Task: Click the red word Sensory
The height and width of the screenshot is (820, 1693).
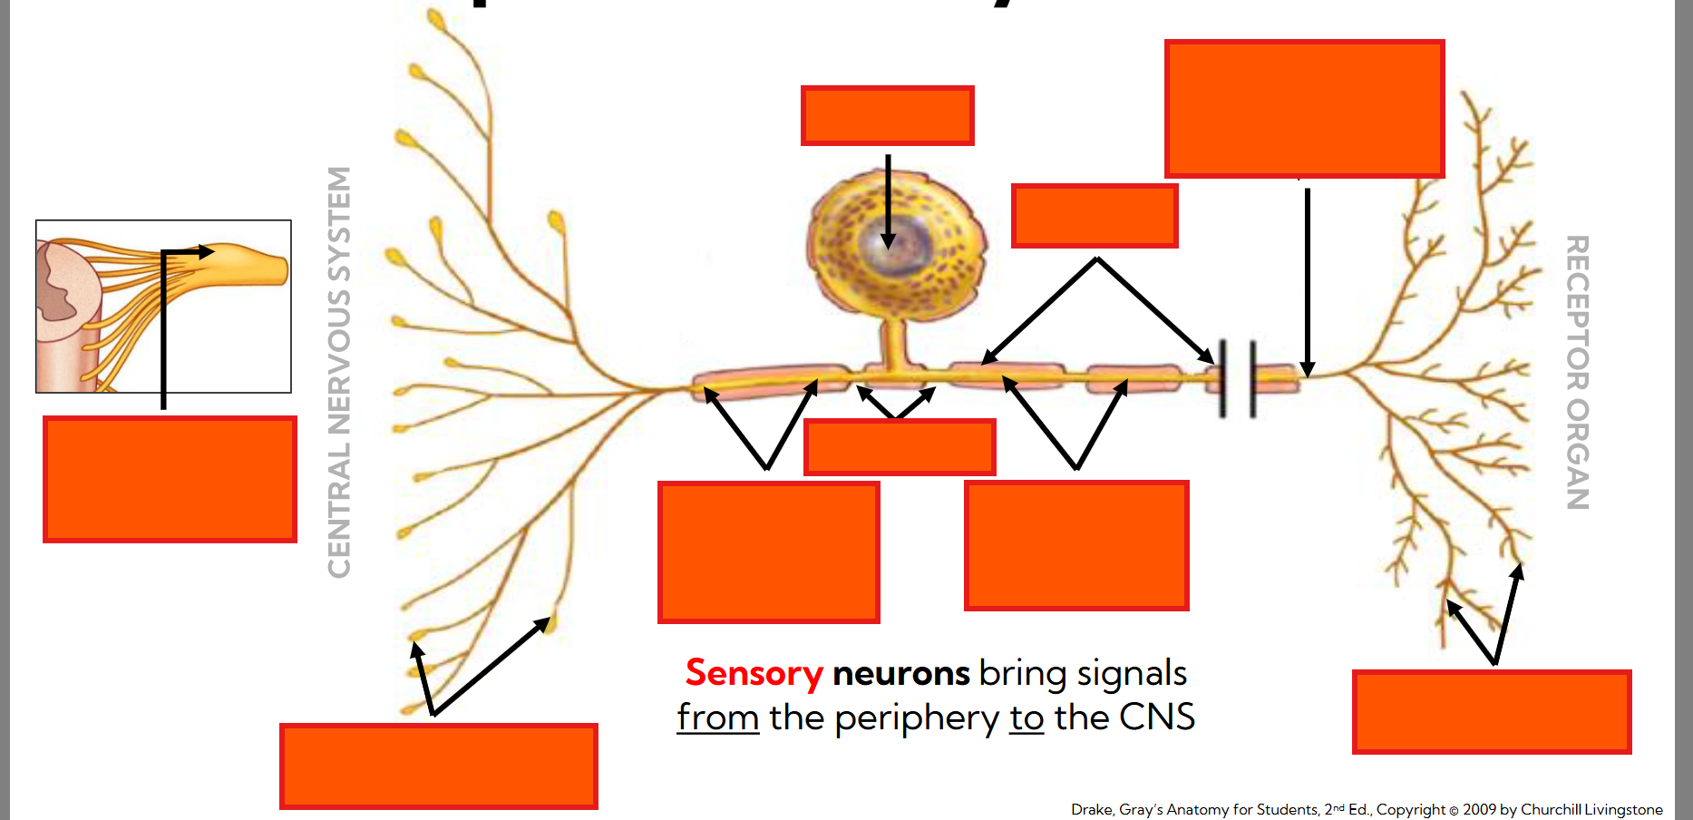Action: (753, 674)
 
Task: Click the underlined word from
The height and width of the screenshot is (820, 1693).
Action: (717, 718)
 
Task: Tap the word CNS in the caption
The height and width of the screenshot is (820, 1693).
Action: (1156, 717)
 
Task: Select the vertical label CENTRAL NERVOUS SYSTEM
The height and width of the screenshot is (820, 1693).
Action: (339, 372)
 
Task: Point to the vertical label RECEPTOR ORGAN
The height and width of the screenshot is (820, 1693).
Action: (1577, 372)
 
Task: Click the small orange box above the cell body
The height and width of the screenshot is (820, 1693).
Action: (887, 115)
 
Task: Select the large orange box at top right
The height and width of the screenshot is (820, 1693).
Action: (1304, 108)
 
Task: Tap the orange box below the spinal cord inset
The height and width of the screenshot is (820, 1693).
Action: (170, 479)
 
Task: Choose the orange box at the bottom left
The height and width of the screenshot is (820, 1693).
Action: (438, 766)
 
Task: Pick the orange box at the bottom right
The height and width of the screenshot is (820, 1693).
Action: (1491, 711)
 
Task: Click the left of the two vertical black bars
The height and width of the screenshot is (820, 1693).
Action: (1222, 378)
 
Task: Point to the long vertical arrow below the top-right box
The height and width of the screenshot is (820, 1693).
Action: (1307, 281)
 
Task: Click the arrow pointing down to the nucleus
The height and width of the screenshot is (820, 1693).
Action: (888, 200)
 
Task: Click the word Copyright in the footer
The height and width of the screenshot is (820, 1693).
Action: (1410, 809)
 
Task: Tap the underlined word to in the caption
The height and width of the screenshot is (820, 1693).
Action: (1027, 718)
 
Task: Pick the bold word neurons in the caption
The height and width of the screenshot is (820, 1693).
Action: (900, 674)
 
